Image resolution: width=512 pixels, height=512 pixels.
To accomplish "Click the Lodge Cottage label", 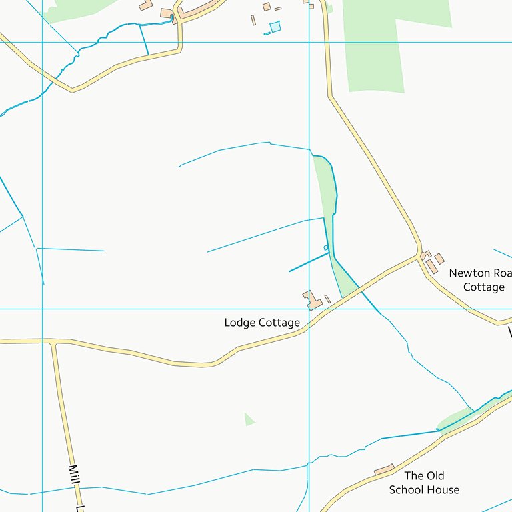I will (262, 323).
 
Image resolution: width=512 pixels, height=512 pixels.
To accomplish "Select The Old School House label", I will (424, 483).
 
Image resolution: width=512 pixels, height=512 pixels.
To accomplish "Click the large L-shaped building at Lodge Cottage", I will (311, 300).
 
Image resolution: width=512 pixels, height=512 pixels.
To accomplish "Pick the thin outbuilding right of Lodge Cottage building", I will (327, 299).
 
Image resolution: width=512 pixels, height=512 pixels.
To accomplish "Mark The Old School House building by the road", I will (384, 471).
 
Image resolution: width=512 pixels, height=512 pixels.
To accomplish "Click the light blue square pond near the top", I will (275, 27).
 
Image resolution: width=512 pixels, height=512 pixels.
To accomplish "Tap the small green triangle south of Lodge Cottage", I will (249, 419).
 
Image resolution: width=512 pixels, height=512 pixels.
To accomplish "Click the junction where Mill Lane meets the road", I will (55, 343).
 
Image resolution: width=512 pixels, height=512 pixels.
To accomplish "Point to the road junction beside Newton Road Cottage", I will (421, 255).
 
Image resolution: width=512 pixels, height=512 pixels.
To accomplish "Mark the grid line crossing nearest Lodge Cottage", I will (309, 309).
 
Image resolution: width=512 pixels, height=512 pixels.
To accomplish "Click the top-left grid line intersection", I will (43, 42).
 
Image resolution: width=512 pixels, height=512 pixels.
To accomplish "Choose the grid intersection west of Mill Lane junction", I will (43, 309).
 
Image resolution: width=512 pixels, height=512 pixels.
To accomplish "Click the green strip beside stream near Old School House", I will (455, 419).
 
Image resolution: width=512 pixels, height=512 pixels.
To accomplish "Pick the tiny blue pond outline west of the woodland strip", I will (326, 248).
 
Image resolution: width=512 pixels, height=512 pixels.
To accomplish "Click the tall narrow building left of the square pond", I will (253, 21).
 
